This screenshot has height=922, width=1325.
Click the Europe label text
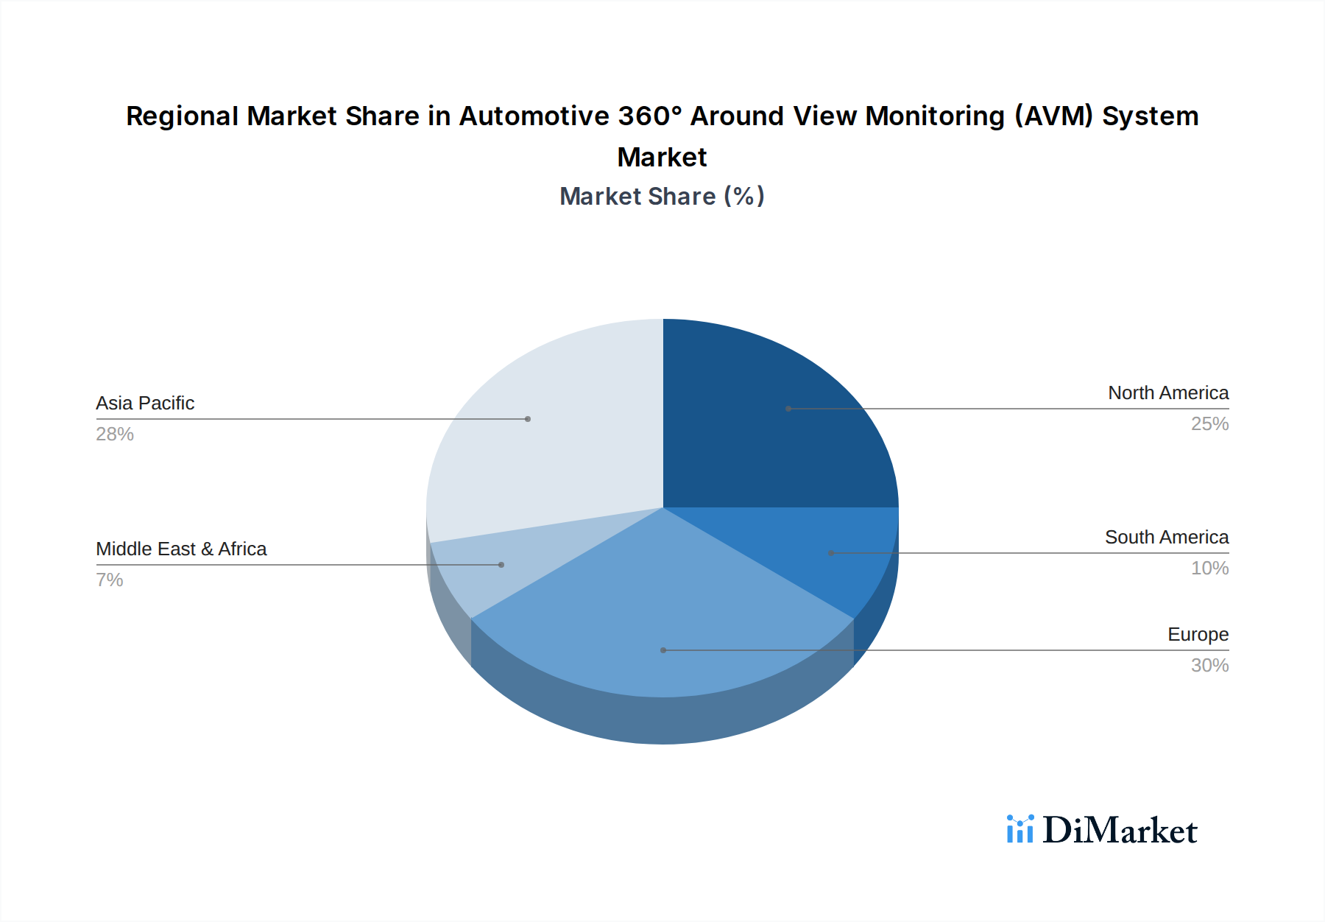pyautogui.click(x=1198, y=634)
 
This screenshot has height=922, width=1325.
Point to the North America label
pyautogui.click(x=1168, y=393)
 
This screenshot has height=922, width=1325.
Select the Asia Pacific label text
pyautogui.click(x=145, y=403)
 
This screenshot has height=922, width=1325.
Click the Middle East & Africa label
pyautogui.click(x=181, y=549)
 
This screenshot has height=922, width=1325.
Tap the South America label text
pyautogui.click(x=1167, y=537)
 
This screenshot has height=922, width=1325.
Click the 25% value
pyautogui.click(x=1209, y=423)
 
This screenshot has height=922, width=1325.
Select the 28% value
pyautogui.click(x=115, y=434)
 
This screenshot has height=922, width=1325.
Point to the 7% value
pyautogui.click(x=110, y=580)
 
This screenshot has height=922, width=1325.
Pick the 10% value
pyautogui.click(x=1209, y=568)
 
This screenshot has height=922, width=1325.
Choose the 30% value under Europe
pyautogui.click(x=1209, y=665)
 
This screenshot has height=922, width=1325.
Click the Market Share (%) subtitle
pyautogui.click(x=662, y=196)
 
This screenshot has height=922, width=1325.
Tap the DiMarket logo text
pyautogui.click(x=1120, y=830)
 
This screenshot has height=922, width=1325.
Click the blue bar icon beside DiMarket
pyautogui.click(x=1020, y=829)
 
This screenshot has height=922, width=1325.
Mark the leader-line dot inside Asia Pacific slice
pyautogui.click(x=528, y=419)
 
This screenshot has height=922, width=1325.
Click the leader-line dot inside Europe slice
pyautogui.click(x=663, y=650)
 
